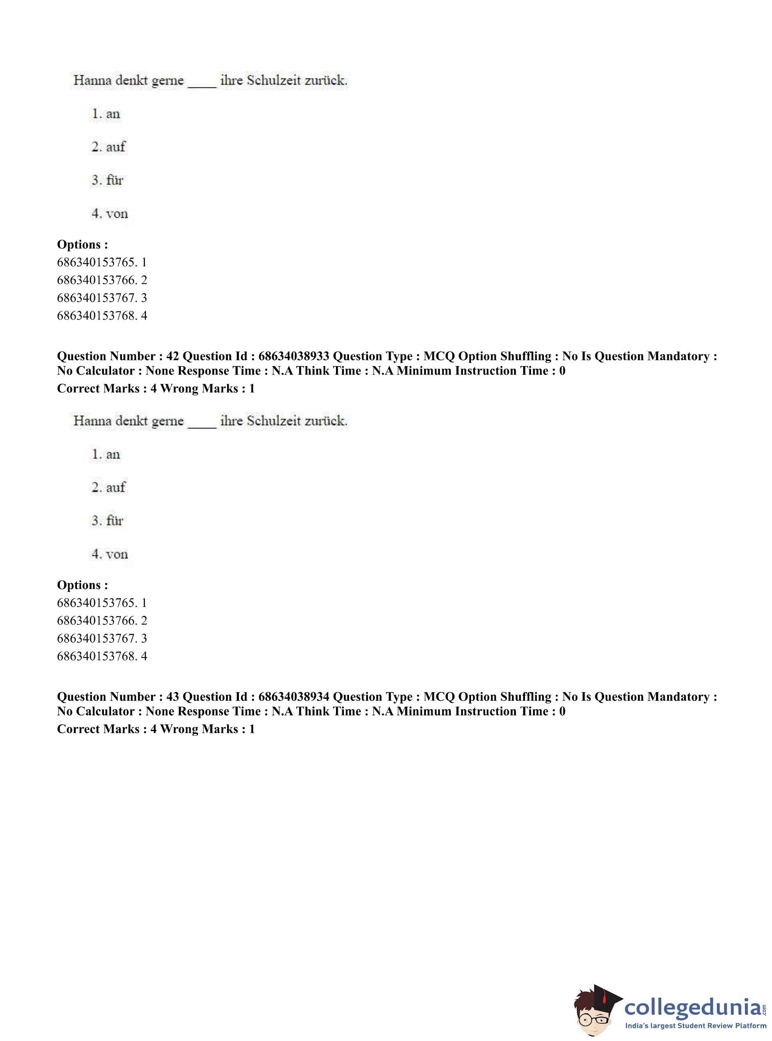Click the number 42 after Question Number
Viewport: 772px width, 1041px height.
tap(172, 356)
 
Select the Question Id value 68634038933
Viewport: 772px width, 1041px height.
tap(293, 356)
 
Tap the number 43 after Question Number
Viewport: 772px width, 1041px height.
tap(172, 697)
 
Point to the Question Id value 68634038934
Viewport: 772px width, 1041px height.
tap(293, 697)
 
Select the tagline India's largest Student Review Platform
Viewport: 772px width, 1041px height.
tap(695, 1025)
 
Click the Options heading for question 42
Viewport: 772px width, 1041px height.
tap(82, 585)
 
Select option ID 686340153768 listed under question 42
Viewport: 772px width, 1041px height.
tap(97, 656)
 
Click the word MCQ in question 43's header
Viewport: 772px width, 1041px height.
tap(439, 697)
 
